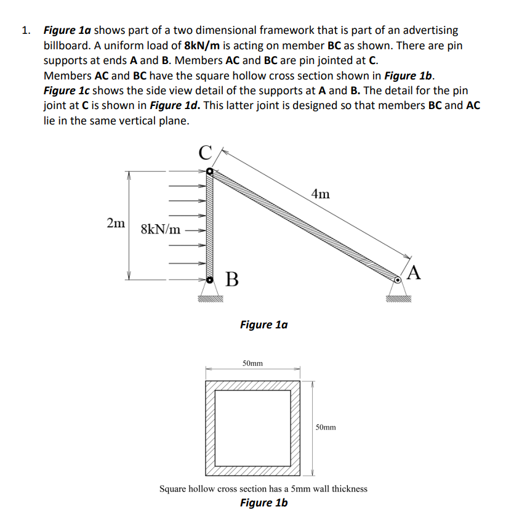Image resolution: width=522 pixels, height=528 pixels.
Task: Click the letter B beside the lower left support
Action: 231,279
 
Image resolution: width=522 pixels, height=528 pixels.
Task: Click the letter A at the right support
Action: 414,272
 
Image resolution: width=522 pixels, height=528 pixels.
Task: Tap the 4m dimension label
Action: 320,195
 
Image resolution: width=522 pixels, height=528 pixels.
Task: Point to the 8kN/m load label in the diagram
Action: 161,230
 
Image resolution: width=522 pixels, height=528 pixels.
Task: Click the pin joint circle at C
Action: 210,172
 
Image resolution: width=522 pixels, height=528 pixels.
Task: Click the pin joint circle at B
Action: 210,280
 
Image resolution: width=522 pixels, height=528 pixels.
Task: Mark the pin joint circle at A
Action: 398,280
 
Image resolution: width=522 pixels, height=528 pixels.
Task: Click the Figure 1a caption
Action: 263,324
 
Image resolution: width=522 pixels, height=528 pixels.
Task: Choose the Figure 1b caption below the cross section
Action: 263,503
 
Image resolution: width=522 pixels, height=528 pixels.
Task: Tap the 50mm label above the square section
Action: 252,364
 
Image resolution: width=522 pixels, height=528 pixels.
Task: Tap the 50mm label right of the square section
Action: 326,427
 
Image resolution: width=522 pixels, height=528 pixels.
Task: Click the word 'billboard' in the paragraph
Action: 68,46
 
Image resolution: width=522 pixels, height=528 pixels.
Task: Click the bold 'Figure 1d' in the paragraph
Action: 174,105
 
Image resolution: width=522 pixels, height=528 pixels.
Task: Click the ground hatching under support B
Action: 210,299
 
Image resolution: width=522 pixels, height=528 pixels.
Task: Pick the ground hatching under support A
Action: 398,299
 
